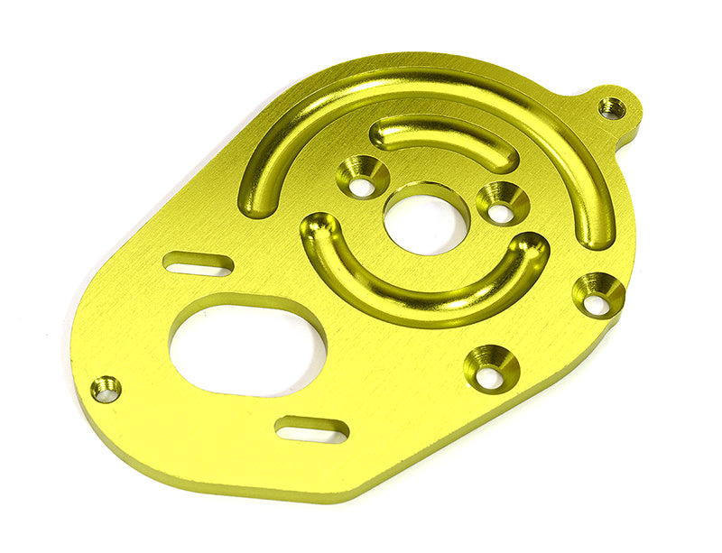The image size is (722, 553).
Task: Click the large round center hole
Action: point(426,219)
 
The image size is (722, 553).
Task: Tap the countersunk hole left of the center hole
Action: point(363,178)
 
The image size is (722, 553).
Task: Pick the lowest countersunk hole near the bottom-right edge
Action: point(491,369)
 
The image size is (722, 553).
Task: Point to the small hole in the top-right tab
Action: point(612,107)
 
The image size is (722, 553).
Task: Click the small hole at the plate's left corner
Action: point(106,389)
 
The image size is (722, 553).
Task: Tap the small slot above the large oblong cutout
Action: point(198,264)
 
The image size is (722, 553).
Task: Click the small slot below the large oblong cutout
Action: point(311,429)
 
